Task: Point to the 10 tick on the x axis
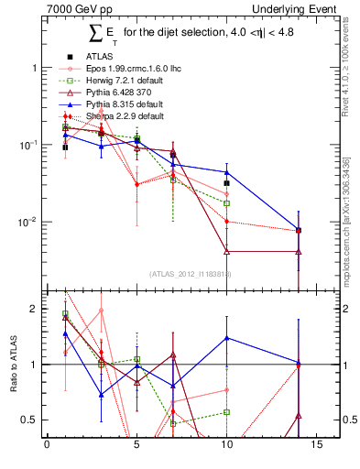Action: (226, 446)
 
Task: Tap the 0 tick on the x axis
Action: (47, 446)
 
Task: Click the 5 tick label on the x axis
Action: (136, 446)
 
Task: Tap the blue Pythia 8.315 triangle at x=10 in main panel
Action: (226, 172)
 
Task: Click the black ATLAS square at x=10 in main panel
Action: (226, 183)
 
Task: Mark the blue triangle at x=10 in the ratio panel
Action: (226, 338)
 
